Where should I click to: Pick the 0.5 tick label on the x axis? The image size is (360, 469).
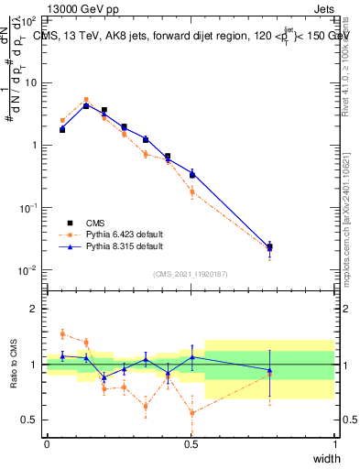[x=191, y=444]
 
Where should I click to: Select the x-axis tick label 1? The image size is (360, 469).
[x=335, y=444]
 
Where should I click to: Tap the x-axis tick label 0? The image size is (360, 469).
[x=47, y=444]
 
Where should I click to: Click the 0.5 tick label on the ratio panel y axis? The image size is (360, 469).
[x=29, y=420]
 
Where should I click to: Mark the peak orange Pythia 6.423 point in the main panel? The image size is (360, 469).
[x=86, y=100]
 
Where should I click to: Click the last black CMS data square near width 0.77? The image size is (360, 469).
[x=269, y=246]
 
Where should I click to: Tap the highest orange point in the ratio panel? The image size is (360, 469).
[x=62, y=333]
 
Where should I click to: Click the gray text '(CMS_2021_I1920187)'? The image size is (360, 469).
[x=191, y=273]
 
